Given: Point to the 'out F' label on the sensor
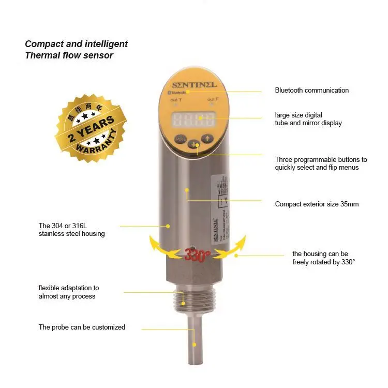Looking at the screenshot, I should (x=212, y=99).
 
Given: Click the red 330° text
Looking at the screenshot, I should (x=197, y=255).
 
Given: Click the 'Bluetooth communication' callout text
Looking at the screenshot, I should (x=311, y=91).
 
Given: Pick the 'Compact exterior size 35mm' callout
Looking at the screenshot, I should (x=317, y=204).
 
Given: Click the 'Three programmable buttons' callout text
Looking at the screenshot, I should (x=321, y=163).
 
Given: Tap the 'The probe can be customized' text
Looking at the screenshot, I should (x=82, y=327).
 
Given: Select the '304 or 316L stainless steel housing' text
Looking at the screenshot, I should (x=71, y=230).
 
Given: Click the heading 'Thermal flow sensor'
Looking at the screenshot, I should (x=69, y=55).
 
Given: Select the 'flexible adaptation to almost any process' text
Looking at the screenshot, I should (x=68, y=292).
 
